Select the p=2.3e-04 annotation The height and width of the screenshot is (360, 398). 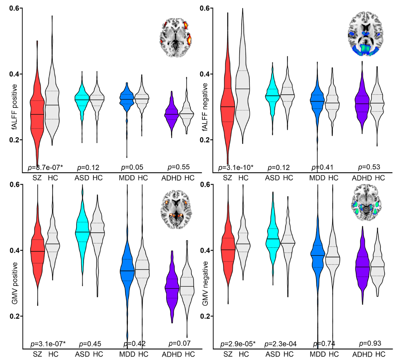coord(280,344)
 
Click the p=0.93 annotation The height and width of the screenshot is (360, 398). coord(370,343)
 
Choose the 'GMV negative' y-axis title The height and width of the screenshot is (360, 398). coord(205,283)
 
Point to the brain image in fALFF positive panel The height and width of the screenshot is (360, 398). coord(175,37)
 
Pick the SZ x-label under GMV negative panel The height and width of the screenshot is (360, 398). coord(228,354)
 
